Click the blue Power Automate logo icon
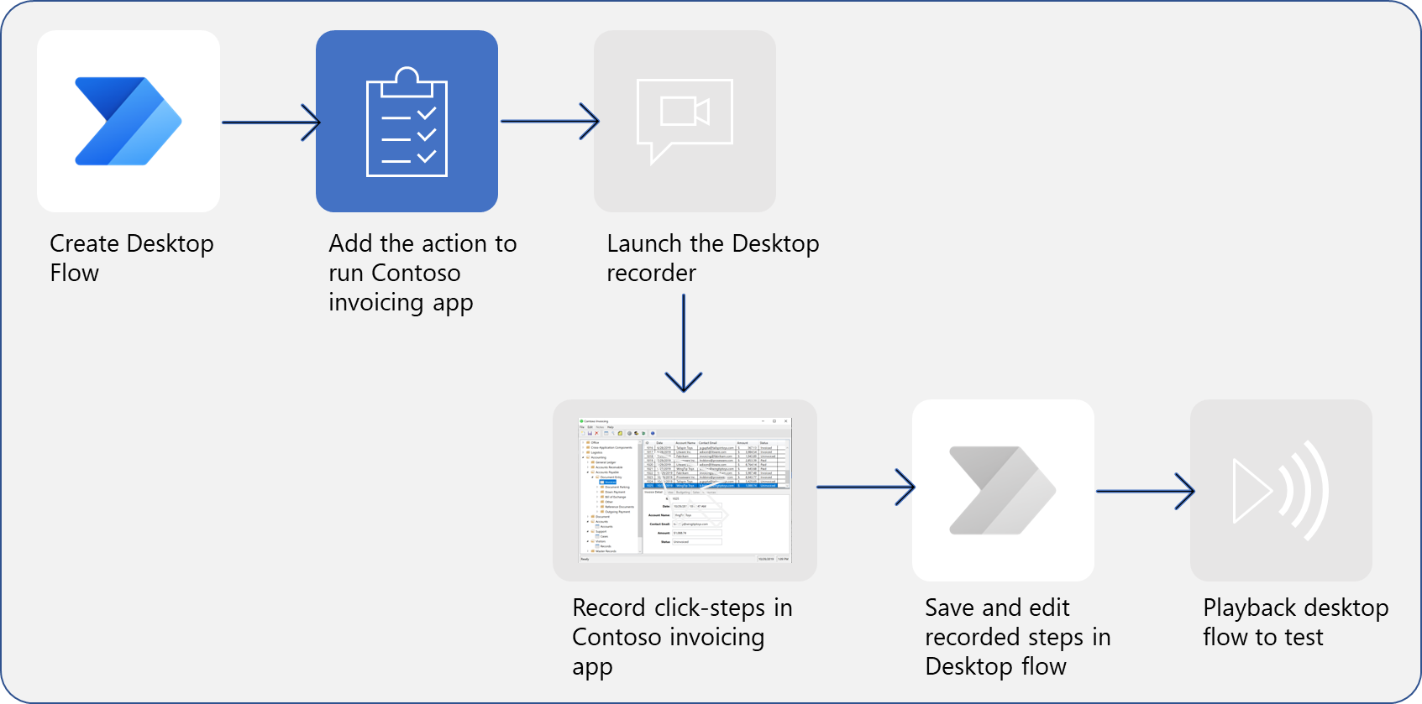coord(128,122)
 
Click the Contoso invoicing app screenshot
coord(685,490)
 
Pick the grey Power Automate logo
coord(1002,491)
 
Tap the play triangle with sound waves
coord(1280,491)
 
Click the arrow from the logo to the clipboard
coord(270,123)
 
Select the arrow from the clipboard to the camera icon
coord(549,122)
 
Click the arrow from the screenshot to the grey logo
coord(865,487)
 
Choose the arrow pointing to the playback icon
coord(1144,491)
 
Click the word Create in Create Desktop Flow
coord(84,243)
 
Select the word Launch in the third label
coord(644,243)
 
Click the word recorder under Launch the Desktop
coord(651,273)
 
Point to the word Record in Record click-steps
coord(609,608)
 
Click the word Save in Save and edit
coord(950,608)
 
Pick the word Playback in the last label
coord(1249,608)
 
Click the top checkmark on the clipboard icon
coord(427,113)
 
